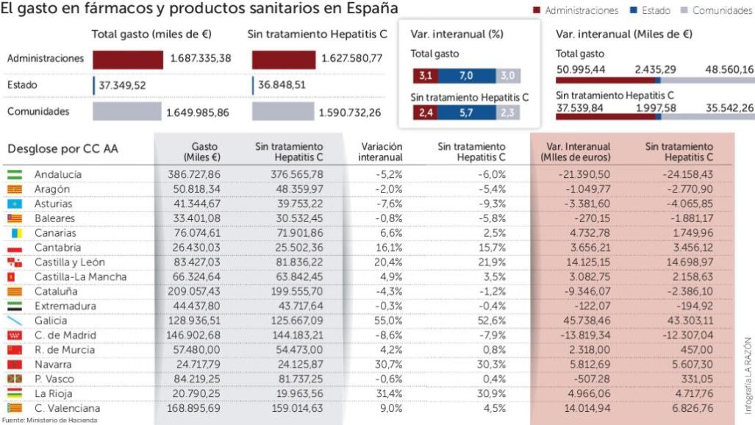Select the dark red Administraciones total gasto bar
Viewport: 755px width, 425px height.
[127, 60]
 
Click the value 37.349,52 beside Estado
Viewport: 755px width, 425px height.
[122, 85]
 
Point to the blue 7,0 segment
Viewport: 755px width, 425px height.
[465, 76]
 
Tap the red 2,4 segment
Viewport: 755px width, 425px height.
[424, 113]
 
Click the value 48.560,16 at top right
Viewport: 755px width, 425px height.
[729, 69]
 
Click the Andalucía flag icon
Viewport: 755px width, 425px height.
[15, 175]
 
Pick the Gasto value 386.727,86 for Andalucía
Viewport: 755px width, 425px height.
[194, 175]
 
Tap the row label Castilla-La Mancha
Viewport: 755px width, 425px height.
[80, 277]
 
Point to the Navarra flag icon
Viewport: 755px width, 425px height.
[15, 365]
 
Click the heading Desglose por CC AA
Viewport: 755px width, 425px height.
[62, 149]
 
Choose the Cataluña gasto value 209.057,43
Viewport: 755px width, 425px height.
[194, 292]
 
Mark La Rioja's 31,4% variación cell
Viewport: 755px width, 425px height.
[389, 393]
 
